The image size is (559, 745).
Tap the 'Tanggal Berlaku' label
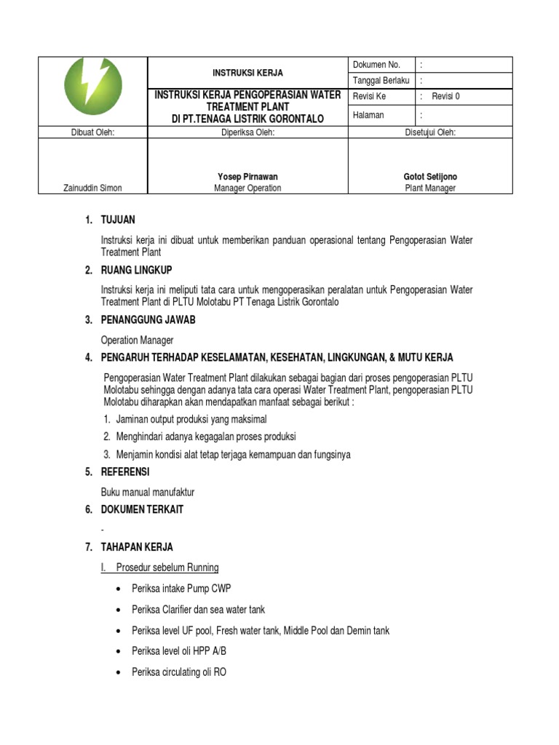tap(381, 80)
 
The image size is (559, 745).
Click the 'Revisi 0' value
tap(445, 96)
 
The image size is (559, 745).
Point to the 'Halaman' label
tap(368, 115)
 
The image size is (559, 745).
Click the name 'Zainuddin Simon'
tap(92, 188)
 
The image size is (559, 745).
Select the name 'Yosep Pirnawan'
tap(247, 177)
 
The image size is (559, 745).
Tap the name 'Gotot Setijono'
tap(431, 177)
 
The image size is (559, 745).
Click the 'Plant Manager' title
tap(431, 188)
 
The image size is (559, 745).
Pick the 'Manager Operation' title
tap(247, 188)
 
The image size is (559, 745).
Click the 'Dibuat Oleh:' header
tap(92, 132)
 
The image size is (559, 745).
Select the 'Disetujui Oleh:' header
tap(431, 132)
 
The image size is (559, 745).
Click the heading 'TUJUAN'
tap(118, 220)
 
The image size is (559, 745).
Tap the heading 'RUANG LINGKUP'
tap(137, 271)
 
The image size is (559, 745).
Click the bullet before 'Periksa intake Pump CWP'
tap(119, 589)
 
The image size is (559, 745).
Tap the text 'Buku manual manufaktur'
tap(148, 493)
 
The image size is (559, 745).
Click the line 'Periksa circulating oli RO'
tap(179, 672)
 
